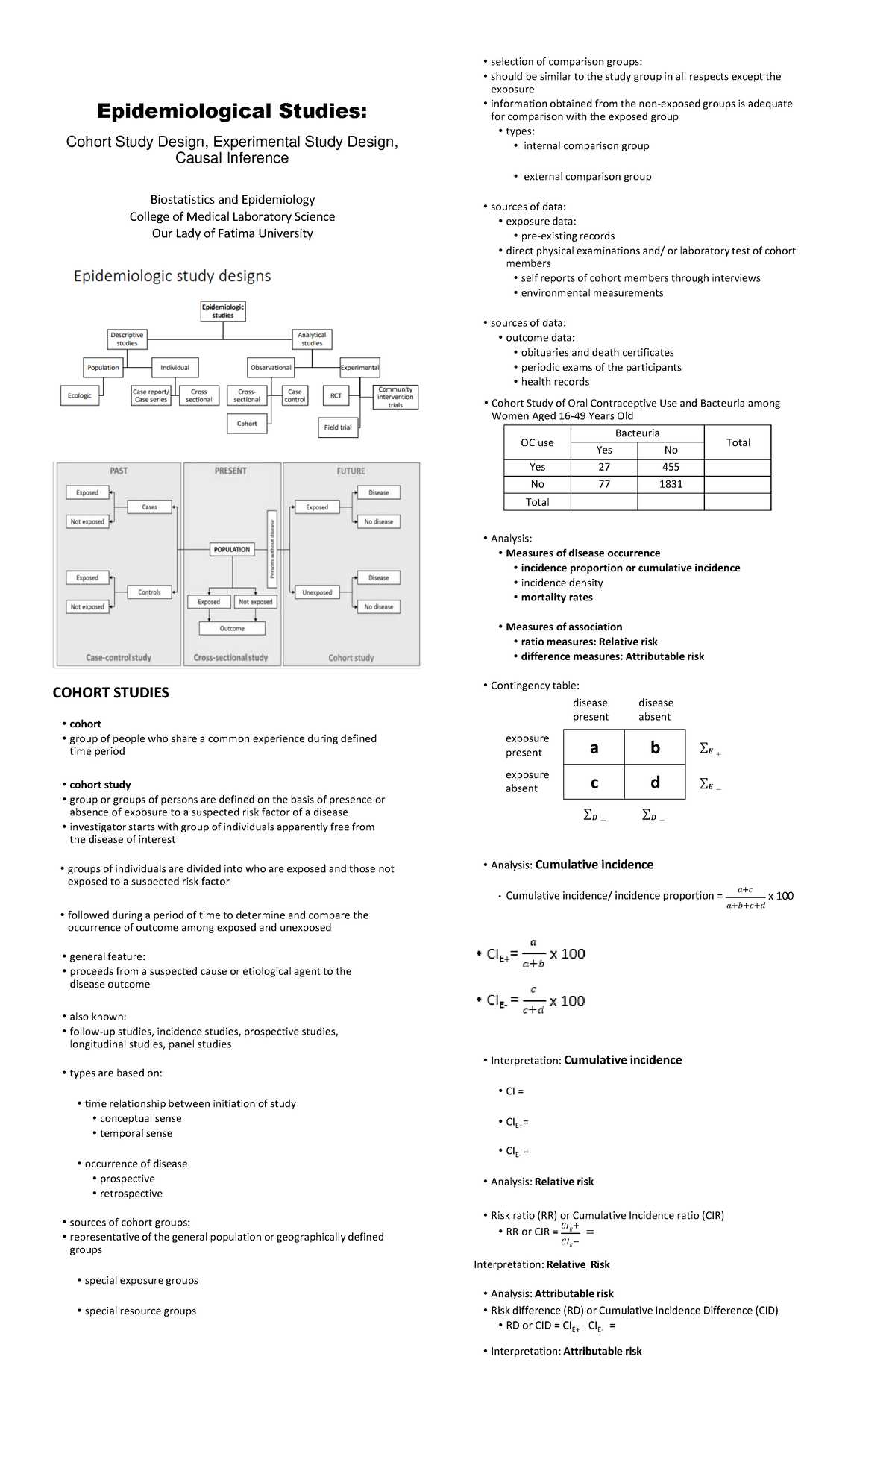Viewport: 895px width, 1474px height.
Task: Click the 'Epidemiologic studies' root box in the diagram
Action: [x=223, y=311]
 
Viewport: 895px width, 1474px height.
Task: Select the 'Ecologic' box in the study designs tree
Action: [x=80, y=395]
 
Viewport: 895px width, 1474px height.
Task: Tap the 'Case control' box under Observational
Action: [x=295, y=395]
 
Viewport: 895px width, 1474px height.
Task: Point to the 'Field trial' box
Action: [x=338, y=427]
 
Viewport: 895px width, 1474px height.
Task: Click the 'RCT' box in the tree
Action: [x=336, y=395]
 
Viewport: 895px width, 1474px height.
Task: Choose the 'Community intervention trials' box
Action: [x=395, y=397]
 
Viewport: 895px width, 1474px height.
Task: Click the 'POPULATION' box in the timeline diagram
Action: [x=232, y=550]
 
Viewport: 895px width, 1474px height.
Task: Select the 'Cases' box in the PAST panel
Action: [x=150, y=507]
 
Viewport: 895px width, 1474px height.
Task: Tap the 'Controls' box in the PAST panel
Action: [x=150, y=592]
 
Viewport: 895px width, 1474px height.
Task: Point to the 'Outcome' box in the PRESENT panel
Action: [x=232, y=629]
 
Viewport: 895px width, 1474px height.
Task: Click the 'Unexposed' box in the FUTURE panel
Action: [x=317, y=592]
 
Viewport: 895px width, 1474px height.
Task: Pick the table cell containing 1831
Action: [x=671, y=484]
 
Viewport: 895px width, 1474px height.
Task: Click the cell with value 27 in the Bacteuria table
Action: [x=604, y=467]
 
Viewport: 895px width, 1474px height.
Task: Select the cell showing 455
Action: [x=671, y=467]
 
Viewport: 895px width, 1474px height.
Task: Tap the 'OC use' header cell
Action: [x=537, y=442]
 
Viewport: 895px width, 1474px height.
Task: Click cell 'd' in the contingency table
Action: [x=655, y=783]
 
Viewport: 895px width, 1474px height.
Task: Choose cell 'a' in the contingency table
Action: [x=594, y=747]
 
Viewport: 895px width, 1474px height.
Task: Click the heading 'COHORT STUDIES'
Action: [x=111, y=693]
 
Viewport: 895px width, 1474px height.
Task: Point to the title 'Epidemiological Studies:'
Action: [x=232, y=112]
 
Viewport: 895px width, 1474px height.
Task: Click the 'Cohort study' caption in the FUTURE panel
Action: [x=351, y=658]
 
